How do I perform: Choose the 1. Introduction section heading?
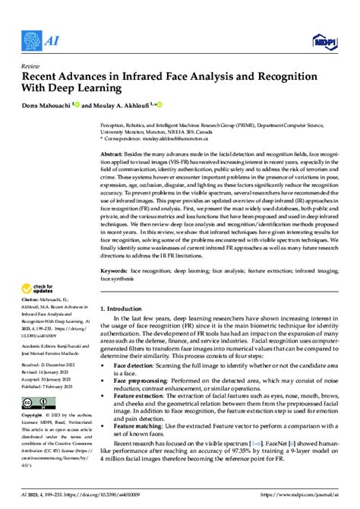tap(125, 308)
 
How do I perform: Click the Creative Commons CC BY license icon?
tap(39, 402)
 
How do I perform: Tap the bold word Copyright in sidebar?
tap(33, 416)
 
